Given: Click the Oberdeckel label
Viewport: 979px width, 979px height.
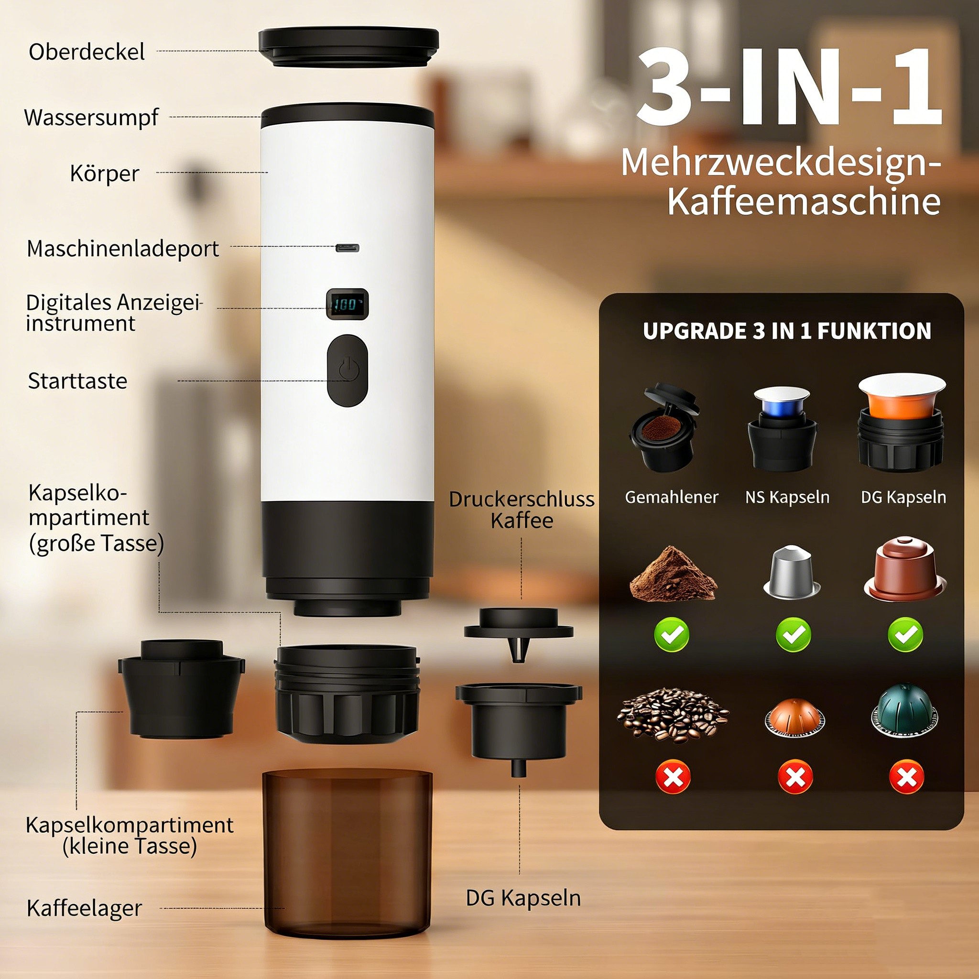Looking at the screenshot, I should pyautogui.click(x=87, y=52).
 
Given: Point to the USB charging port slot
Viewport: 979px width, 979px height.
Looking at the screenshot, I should pyautogui.click(x=347, y=248).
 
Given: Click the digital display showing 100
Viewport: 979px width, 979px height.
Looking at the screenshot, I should pyautogui.click(x=347, y=305).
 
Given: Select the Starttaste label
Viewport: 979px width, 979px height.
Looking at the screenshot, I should pyautogui.click(x=77, y=381).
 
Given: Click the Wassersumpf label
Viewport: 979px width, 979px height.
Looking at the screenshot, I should pyautogui.click(x=91, y=117).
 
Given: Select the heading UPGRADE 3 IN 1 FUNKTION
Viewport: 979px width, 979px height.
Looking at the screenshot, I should pyautogui.click(x=787, y=331).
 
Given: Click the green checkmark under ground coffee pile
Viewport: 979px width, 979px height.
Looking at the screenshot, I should pyautogui.click(x=672, y=634).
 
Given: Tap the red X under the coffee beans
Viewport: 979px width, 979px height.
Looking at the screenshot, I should pyautogui.click(x=673, y=776).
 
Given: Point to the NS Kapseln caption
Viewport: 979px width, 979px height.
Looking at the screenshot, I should pyautogui.click(x=787, y=497).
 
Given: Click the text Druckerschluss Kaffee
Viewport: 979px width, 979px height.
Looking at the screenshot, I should pyautogui.click(x=522, y=510).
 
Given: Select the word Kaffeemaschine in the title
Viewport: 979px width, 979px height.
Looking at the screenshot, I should pyautogui.click(x=804, y=202).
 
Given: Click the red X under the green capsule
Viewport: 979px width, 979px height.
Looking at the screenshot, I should pyautogui.click(x=906, y=776).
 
